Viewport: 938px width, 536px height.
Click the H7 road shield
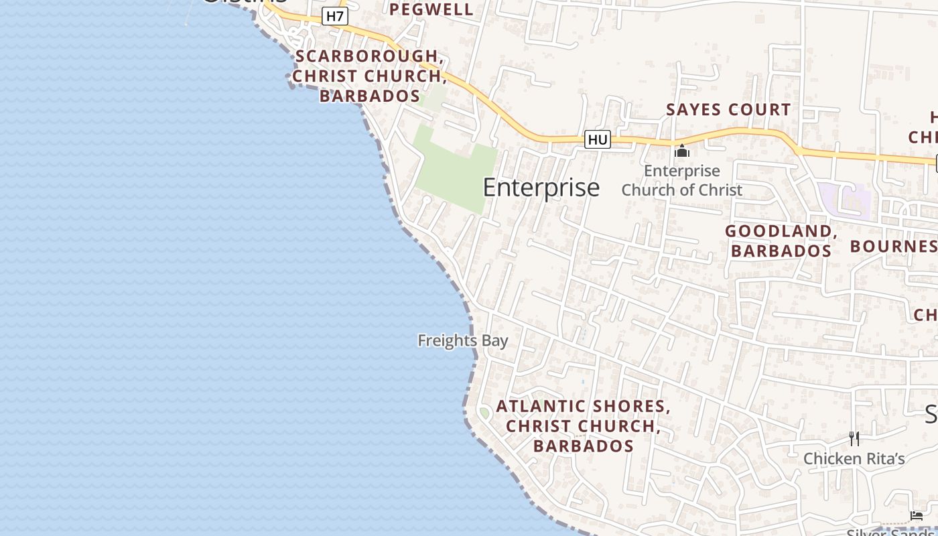[334, 15]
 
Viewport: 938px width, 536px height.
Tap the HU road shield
[597, 139]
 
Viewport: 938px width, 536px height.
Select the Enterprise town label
[541, 188]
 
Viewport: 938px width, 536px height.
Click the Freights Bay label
[462, 340]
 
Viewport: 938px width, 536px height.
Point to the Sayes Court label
[728, 109]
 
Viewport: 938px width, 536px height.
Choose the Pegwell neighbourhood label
[431, 9]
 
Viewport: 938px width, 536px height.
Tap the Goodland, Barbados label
[781, 241]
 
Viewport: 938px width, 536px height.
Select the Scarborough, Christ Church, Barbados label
[369, 76]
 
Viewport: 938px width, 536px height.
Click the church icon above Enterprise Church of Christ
[682, 151]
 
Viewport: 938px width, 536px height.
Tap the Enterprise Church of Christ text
[682, 180]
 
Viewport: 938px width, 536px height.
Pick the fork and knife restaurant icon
[854, 439]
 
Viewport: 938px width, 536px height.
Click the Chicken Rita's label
[854, 459]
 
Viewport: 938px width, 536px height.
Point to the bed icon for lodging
[916, 515]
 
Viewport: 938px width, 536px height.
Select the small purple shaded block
[845, 200]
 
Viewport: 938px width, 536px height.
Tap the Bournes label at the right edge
[894, 246]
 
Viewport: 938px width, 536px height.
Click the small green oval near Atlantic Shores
[484, 413]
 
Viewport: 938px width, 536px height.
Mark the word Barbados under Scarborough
[369, 96]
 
